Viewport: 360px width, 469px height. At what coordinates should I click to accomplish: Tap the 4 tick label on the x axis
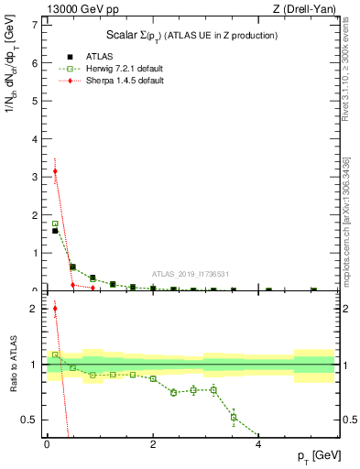[259, 444]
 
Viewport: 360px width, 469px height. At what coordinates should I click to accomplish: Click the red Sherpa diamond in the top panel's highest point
[55, 170]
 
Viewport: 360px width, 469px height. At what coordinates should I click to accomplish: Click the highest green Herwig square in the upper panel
[55, 224]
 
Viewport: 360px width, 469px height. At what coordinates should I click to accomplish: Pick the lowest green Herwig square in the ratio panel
[234, 418]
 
